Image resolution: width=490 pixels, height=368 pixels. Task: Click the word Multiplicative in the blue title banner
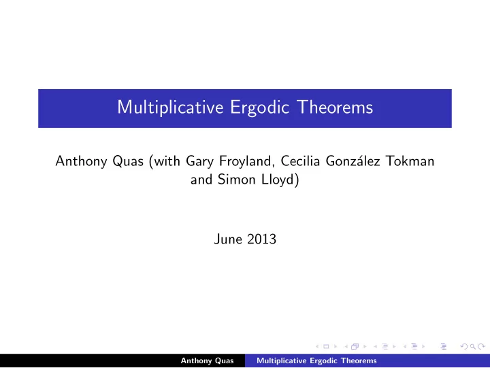[170, 107]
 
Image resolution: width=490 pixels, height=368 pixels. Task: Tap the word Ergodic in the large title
[260, 107]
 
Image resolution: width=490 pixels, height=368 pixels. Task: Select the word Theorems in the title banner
[336, 107]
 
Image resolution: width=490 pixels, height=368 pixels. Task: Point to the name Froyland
[245, 161]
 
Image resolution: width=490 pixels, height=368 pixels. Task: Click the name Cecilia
[300, 161]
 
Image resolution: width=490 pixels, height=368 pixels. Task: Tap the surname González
[353, 161]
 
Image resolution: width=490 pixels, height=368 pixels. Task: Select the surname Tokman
[410, 161]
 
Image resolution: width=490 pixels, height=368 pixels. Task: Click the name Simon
[237, 180]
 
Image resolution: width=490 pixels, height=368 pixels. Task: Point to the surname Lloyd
[278, 180]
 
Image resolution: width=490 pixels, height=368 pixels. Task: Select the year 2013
[261, 239]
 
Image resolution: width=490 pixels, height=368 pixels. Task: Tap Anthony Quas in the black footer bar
[207, 361]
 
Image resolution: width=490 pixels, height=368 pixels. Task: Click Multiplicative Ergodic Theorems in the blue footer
[316, 361]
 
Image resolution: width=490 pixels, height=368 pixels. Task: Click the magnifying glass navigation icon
[473, 346]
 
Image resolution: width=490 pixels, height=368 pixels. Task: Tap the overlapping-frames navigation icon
[355, 346]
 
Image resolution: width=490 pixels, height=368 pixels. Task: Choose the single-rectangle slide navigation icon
[326, 346]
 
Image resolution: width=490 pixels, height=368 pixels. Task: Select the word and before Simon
[201, 180]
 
